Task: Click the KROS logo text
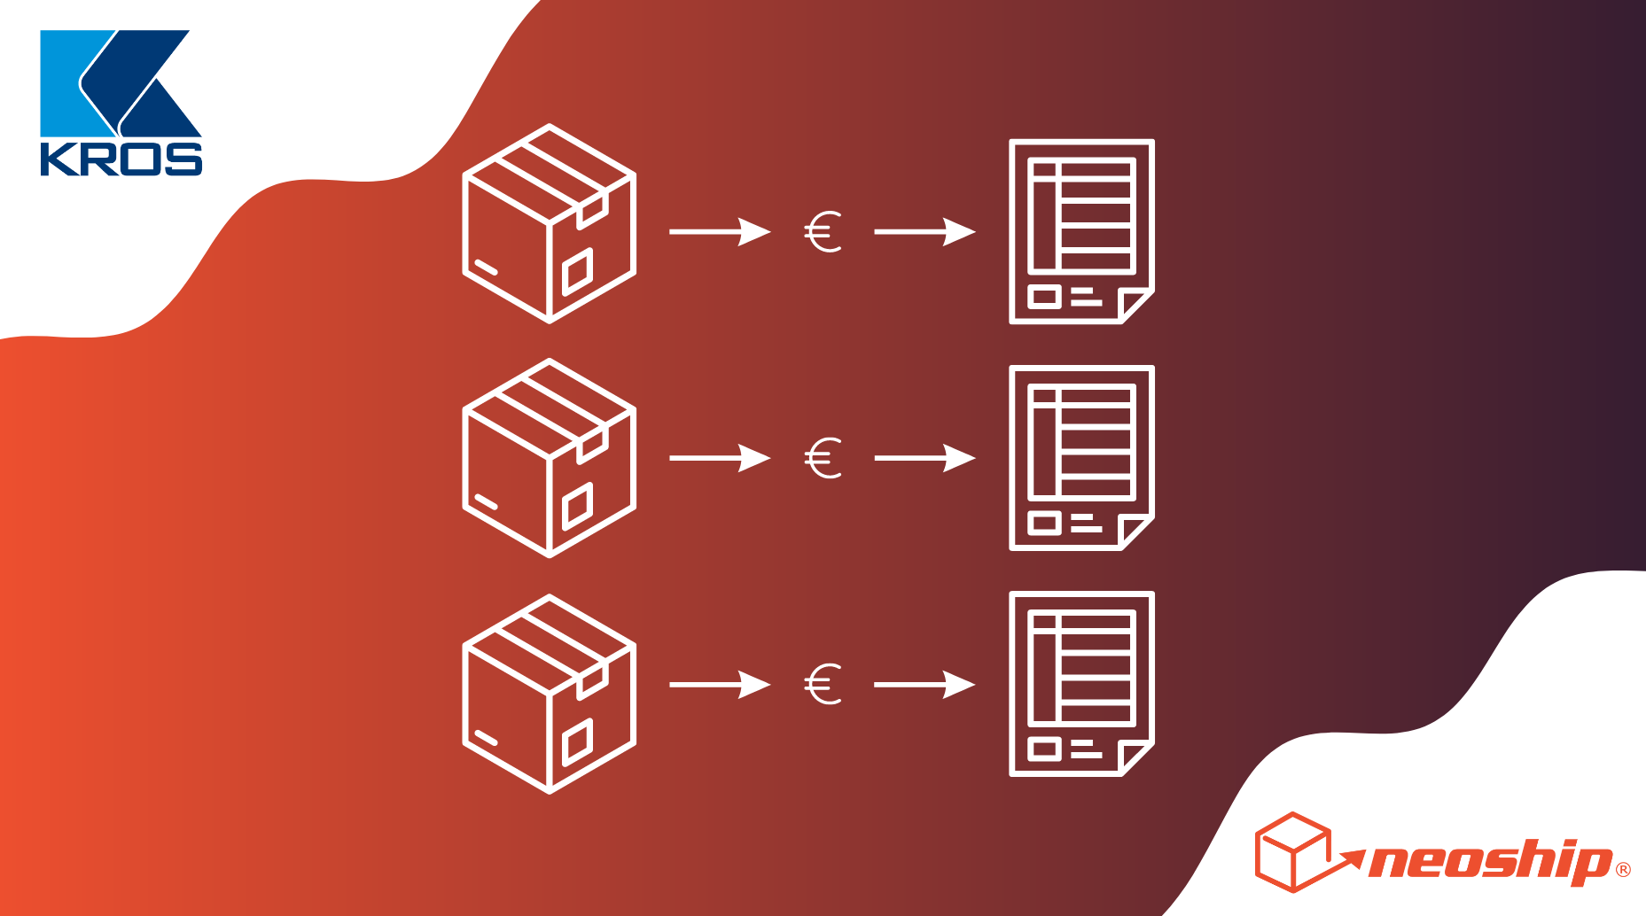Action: (121, 159)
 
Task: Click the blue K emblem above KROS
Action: (121, 83)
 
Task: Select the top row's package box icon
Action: (550, 223)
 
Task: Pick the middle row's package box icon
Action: (550, 458)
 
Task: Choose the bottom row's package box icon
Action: (550, 694)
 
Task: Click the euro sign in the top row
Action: (823, 232)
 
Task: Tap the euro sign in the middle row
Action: (823, 458)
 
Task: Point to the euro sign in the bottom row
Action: (823, 685)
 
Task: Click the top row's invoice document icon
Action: (1081, 231)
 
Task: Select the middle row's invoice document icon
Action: (1081, 458)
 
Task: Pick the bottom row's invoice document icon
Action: (1081, 684)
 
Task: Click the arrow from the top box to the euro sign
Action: (720, 232)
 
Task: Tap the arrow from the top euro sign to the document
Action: (924, 232)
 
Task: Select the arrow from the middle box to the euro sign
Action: (720, 458)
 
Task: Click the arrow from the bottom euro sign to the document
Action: (924, 685)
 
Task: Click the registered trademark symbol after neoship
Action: (1623, 870)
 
